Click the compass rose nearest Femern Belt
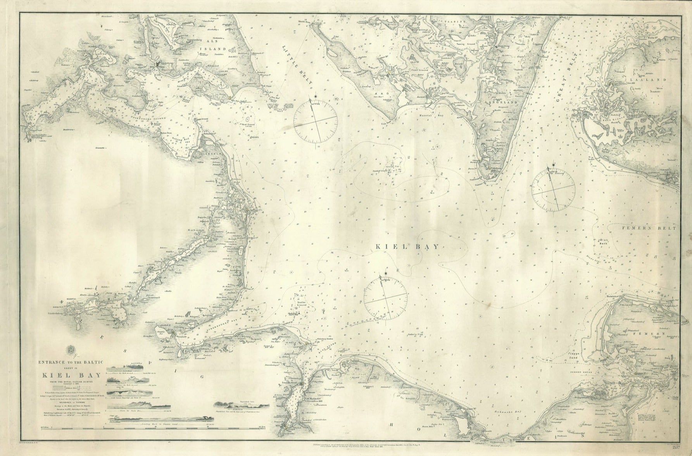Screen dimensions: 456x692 (553, 190)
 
